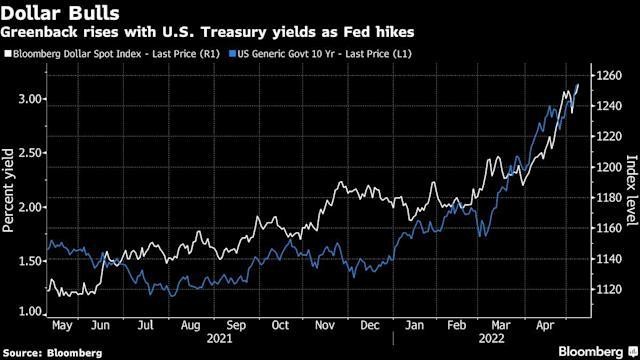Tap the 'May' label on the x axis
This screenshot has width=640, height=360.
tap(62, 325)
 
